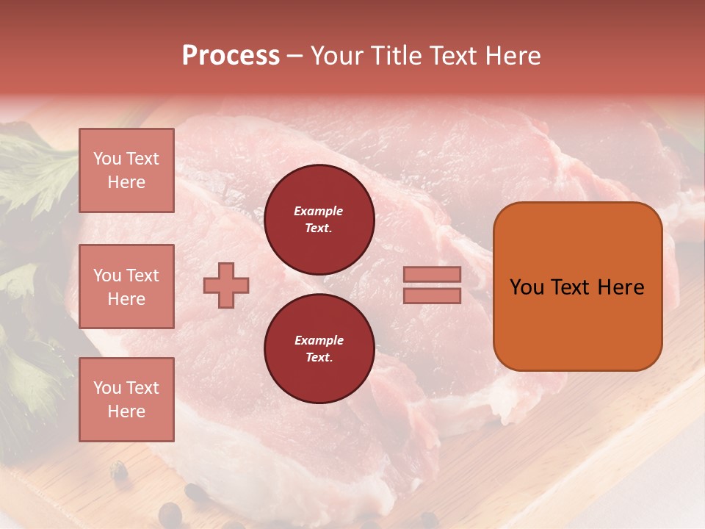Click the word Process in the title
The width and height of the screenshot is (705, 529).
tap(231, 56)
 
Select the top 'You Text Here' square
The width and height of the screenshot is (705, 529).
tap(126, 170)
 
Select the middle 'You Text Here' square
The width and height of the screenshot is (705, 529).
tap(126, 287)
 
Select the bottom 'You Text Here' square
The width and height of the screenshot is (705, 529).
tap(126, 400)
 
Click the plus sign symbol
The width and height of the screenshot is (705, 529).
tap(226, 285)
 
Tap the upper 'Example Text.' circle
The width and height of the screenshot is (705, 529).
tap(319, 219)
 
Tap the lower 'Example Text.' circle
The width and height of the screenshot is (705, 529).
tap(319, 348)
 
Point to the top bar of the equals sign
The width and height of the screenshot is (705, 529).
tap(433, 274)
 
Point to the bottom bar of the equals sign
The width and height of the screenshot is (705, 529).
tap(433, 295)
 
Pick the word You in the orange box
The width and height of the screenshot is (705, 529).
tap(526, 287)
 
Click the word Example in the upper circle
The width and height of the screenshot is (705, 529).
tap(318, 211)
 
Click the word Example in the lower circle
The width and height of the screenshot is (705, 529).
tap(319, 340)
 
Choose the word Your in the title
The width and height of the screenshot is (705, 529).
tap(336, 56)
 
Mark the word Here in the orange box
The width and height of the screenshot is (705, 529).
tap(621, 287)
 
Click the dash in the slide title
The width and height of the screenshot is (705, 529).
tap(294, 57)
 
